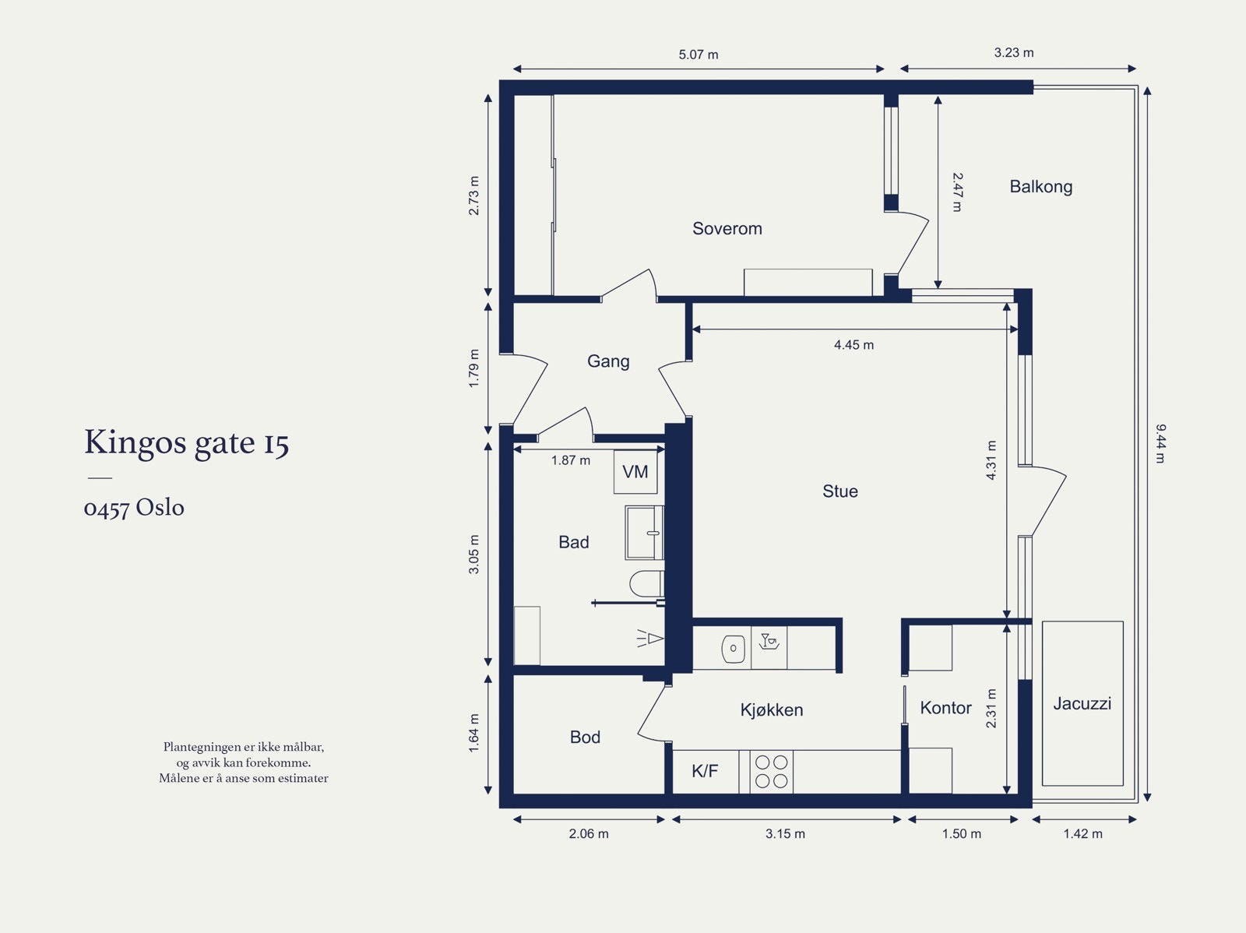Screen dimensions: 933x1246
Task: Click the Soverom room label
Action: pyautogui.click(x=727, y=228)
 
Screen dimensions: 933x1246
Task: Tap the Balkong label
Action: pyautogui.click(x=1040, y=186)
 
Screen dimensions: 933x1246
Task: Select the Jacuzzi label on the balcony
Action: pyautogui.click(x=1082, y=703)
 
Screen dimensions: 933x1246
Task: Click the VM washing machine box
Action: pyautogui.click(x=635, y=471)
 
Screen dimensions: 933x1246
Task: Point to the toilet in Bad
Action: pyautogui.click(x=647, y=583)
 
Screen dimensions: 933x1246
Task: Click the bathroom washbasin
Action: pyautogui.click(x=645, y=533)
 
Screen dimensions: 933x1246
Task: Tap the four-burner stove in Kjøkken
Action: pyautogui.click(x=771, y=771)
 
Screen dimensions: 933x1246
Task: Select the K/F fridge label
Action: pyautogui.click(x=705, y=771)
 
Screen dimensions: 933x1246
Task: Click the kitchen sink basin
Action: pyautogui.click(x=733, y=648)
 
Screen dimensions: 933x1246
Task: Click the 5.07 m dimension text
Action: pyautogui.click(x=699, y=55)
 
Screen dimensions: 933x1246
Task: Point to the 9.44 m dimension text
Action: pyautogui.click(x=1160, y=443)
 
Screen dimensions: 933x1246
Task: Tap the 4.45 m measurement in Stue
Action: pyautogui.click(x=854, y=344)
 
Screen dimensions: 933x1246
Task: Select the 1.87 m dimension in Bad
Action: pyautogui.click(x=571, y=460)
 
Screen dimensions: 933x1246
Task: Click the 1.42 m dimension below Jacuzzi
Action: pyautogui.click(x=1082, y=833)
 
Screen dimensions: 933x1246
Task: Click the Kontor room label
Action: pyautogui.click(x=945, y=707)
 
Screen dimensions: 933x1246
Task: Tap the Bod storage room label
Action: pyautogui.click(x=585, y=737)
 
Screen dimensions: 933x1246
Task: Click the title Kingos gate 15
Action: pyautogui.click(x=187, y=442)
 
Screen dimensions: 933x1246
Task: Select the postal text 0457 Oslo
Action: pyautogui.click(x=134, y=508)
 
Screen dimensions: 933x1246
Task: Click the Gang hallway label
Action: pyautogui.click(x=608, y=361)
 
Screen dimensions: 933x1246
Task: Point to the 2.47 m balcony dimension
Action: pyautogui.click(x=957, y=192)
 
